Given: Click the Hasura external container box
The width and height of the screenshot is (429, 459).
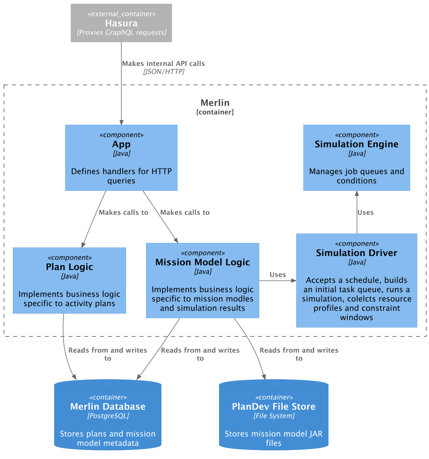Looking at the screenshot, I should point(121,23).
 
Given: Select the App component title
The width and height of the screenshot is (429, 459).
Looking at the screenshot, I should point(121,144).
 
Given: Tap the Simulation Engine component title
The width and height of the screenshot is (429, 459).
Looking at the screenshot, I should point(356,144).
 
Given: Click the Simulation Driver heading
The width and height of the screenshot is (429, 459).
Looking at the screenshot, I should point(356,253).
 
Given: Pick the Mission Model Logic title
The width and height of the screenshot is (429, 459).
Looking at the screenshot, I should point(202,262).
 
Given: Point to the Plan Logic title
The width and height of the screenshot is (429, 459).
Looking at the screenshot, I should point(69,267).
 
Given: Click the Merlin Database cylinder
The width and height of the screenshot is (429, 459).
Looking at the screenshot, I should point(108,418).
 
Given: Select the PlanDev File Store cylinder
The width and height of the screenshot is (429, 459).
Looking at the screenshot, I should point(274,418).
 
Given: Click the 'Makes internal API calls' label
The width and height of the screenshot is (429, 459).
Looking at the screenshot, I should point(163,64).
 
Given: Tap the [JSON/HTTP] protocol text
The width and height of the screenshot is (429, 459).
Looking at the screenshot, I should point(163,72).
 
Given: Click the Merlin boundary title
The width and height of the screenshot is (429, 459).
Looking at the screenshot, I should point(215,103).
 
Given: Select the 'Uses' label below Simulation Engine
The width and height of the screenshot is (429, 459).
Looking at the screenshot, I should point(365,213).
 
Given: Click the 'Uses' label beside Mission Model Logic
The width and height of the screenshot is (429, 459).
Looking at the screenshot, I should point(278,275).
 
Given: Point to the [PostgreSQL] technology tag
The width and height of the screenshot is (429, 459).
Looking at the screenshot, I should point(108,416).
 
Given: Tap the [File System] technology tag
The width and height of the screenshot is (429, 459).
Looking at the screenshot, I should point(274,416).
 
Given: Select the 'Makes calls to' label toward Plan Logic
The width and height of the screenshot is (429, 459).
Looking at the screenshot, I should point(123,213).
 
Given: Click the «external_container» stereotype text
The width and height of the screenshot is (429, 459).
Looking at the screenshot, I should point(121,14).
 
